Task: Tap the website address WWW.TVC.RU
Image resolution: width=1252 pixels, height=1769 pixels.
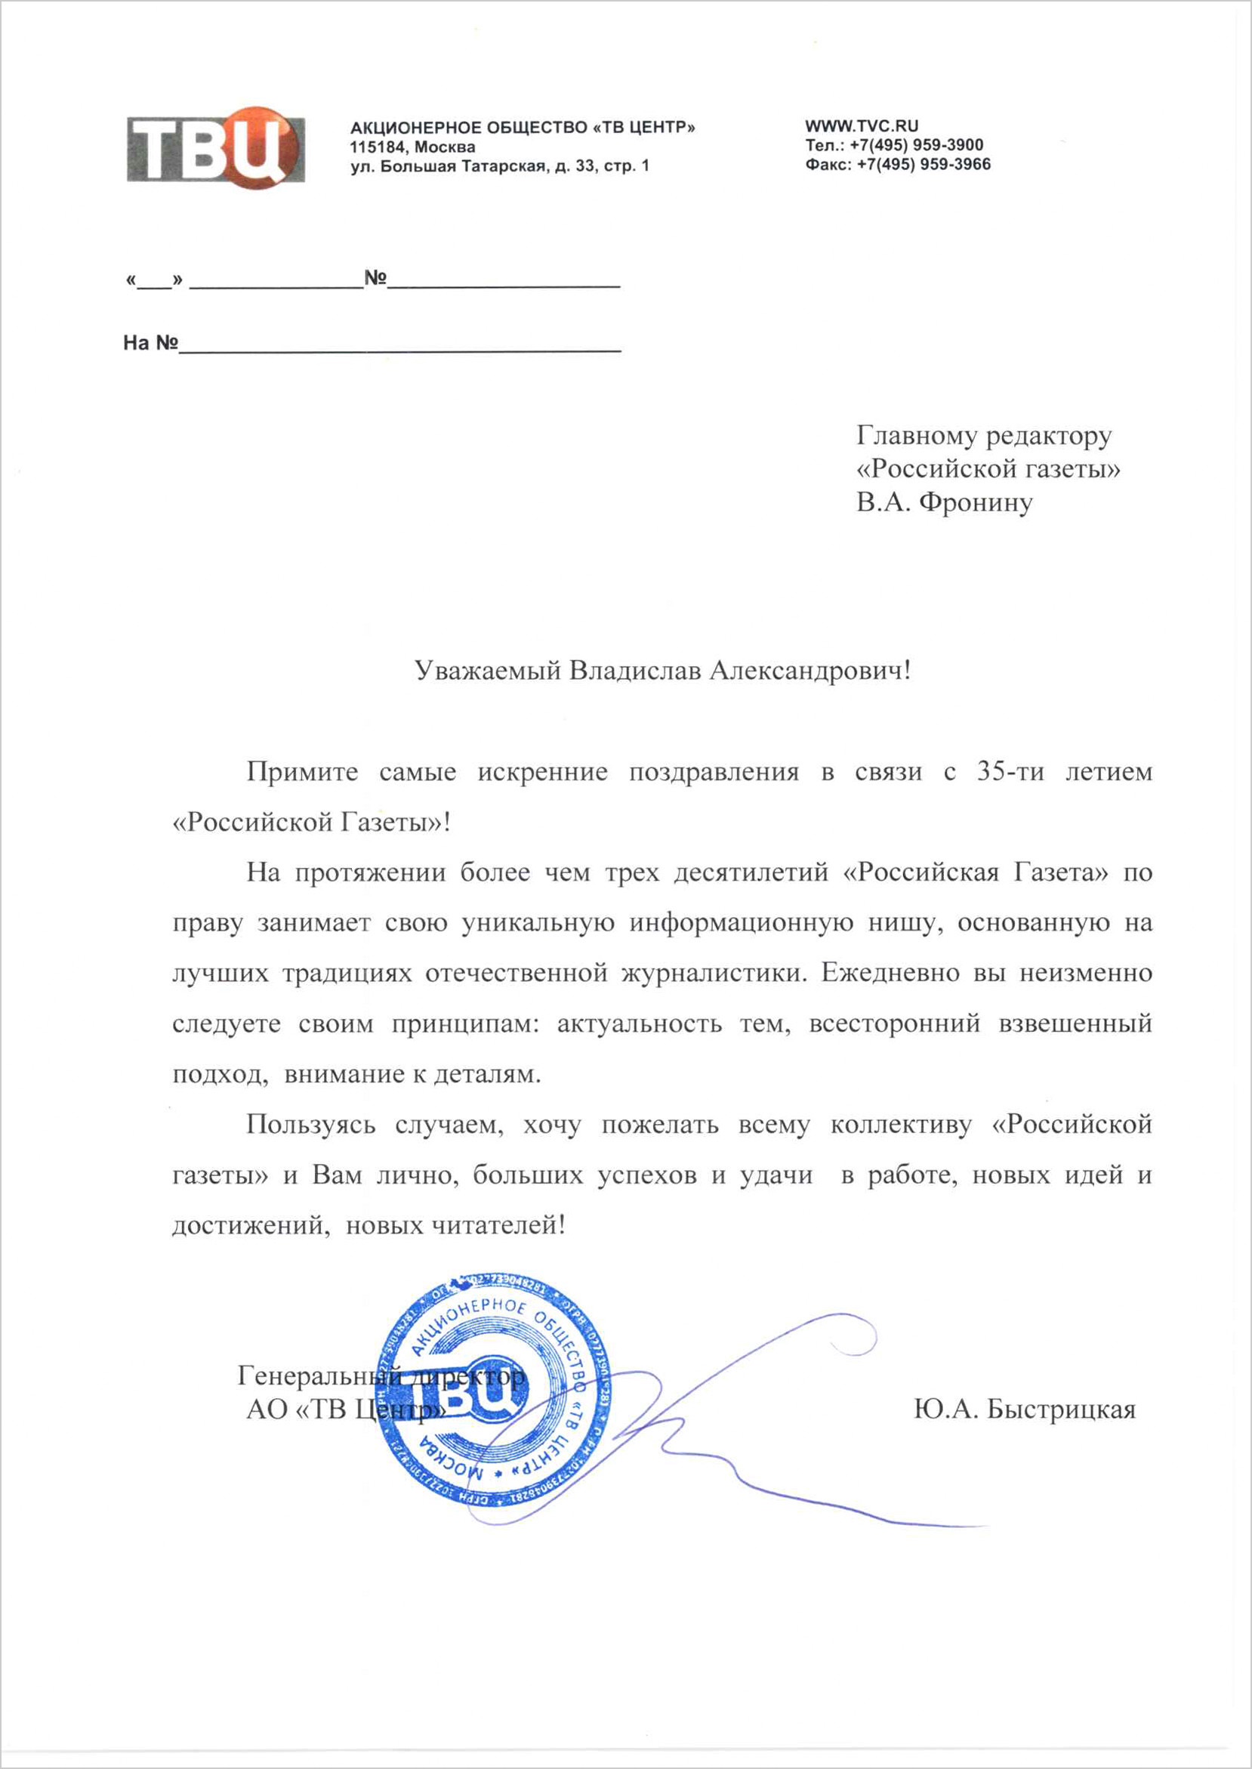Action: click(x=861, y=125)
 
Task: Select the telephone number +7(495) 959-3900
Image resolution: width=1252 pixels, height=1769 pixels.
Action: click(x=917, y=145)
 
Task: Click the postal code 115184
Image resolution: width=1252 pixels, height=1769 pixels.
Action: click(x=377, y=147)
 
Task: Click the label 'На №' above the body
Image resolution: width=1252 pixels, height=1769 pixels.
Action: click(x=150, y=343)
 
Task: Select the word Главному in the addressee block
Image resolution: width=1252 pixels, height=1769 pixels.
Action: click(x=917, y=436)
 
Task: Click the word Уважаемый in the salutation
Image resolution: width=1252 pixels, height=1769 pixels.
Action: click(x=487, y=671)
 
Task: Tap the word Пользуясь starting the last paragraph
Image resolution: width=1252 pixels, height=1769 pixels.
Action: click(x=310, y=1125)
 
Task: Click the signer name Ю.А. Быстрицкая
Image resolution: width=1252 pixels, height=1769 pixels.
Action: click(x=1025, y=1409)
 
